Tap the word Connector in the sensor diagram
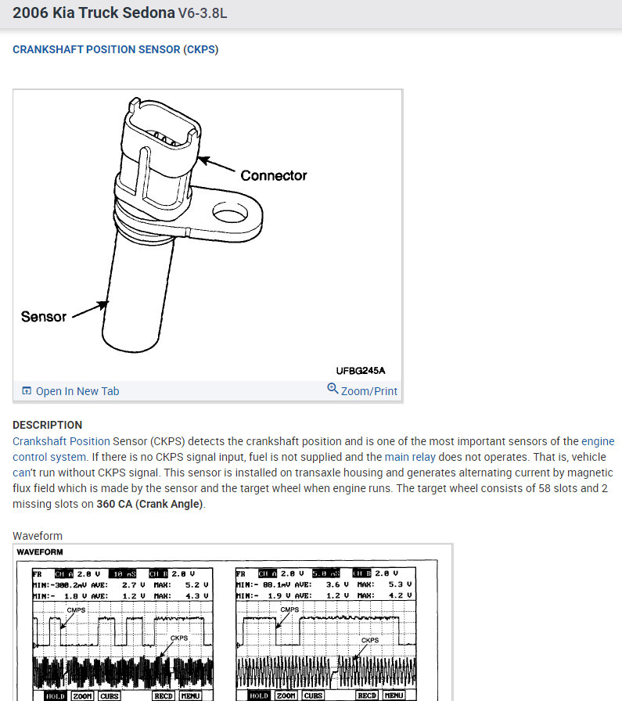click(x=273, y=175)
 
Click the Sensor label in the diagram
click(x=44, y=317)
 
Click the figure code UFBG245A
click(x=361, y=370)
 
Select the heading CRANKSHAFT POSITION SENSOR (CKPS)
click(x=115, y=49)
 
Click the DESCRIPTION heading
click(x=47, y=425)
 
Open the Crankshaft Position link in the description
click(x=62, y=441)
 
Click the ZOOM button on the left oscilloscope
click(x=82, y=696)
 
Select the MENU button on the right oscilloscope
click(x=393, y=696)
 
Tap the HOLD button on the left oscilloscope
click(x=54, y=696)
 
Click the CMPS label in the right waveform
click(x=289, y=609)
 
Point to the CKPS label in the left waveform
click(x=179, y=639)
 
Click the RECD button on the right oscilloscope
click(x=367, y=696)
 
